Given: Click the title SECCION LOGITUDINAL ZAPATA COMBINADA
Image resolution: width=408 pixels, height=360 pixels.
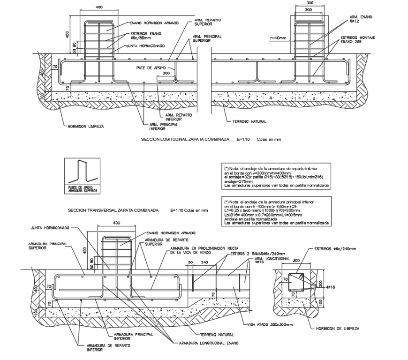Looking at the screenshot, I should (185, 140).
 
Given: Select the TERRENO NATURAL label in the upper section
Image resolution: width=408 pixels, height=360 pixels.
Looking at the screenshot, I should (249, 121).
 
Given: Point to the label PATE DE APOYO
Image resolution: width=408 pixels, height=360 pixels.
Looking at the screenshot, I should (150, 68).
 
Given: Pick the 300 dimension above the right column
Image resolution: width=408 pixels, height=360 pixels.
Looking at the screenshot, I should (308, 9).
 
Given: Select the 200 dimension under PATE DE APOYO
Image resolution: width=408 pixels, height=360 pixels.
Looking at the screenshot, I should (166, 74).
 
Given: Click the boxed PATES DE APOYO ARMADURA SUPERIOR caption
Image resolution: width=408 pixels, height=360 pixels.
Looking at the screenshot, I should (83, 190).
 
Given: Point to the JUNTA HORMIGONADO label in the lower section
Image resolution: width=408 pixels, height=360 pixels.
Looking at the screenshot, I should (50, 228).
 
